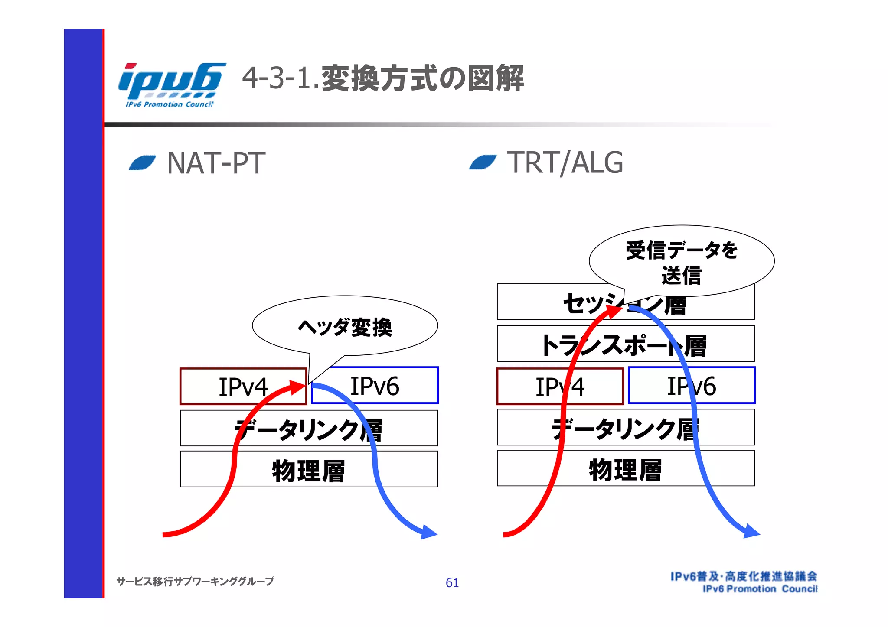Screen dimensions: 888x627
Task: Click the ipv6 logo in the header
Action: (171, 84)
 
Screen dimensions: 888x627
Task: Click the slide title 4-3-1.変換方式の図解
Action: (382, 78)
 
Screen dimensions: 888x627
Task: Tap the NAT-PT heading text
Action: (216, 163)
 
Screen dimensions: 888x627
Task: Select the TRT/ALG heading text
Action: (565, 163)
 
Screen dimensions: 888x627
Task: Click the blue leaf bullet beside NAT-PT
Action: (142, 163)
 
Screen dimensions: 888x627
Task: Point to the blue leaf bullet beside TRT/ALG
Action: (483, 162)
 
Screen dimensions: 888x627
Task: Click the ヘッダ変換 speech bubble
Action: (345, 326)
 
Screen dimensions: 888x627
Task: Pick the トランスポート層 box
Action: (625, 344)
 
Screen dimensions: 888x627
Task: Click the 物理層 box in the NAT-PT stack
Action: (308, 469)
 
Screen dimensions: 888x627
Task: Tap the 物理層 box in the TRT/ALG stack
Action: (625, 468)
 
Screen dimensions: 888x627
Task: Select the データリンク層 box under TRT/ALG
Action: (625, 428)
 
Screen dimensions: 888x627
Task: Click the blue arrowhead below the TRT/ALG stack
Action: (751, 531)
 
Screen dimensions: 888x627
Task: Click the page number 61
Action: (452, 582)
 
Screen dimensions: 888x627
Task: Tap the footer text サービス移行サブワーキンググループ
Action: (195, 581)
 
